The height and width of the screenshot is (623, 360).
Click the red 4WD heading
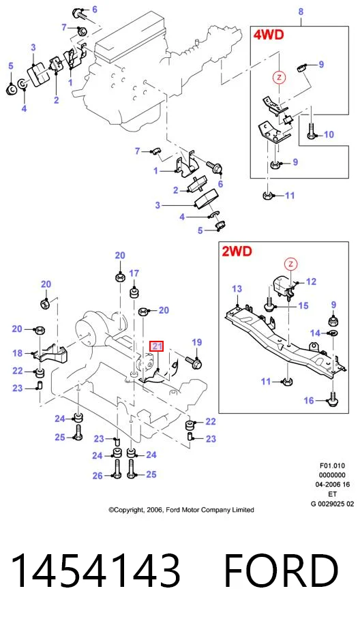(x=269, y=35)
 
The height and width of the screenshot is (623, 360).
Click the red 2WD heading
(x=237, y=251)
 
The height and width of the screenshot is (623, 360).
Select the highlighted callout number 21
(x=157, y=346)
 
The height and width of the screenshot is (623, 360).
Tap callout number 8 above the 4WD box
(x=301, y=12)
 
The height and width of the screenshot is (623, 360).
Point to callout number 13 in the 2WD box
(x=237, y=289)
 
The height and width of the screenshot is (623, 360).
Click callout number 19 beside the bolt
(x=196, y=342)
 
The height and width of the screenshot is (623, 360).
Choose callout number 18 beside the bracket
(x=18, y=353)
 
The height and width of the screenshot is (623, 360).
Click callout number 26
(x=97, y=476)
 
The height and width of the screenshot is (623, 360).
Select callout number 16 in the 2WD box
(x=309, y=401)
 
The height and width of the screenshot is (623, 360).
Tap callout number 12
(x=311, y=282)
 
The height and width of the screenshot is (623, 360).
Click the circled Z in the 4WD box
(x=280, y=77)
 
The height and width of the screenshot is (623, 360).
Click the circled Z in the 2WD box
(x=290, y=264)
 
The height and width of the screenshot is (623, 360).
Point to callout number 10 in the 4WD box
(x=329, y=135)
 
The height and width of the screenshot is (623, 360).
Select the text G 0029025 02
(x=332, y=504)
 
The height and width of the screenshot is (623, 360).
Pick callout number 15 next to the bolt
(x=303, y=305)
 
